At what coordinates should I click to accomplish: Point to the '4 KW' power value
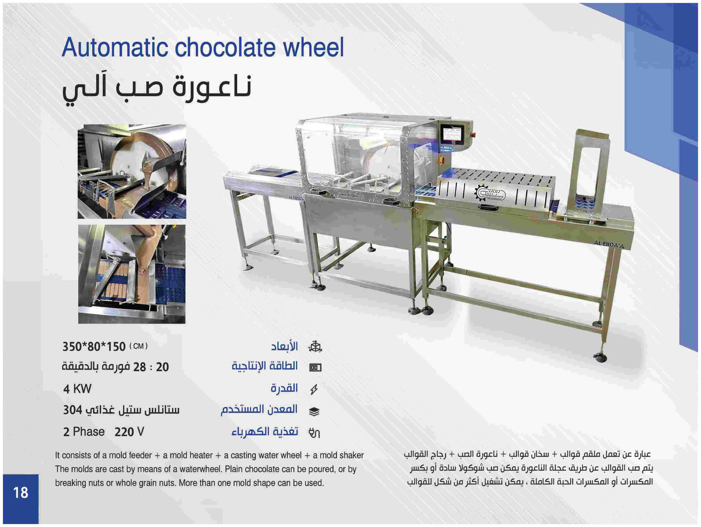pyautogui.click(x=77, y=389)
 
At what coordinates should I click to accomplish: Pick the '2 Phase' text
pyautogui.click(x=84, y=432)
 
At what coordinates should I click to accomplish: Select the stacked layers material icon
pyautogui.click(x=314, y=411)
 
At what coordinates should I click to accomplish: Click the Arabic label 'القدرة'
pyautogui.click(x=284, y=388)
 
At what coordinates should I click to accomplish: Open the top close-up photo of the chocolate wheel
pyautogui.click(x=132, y=171)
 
